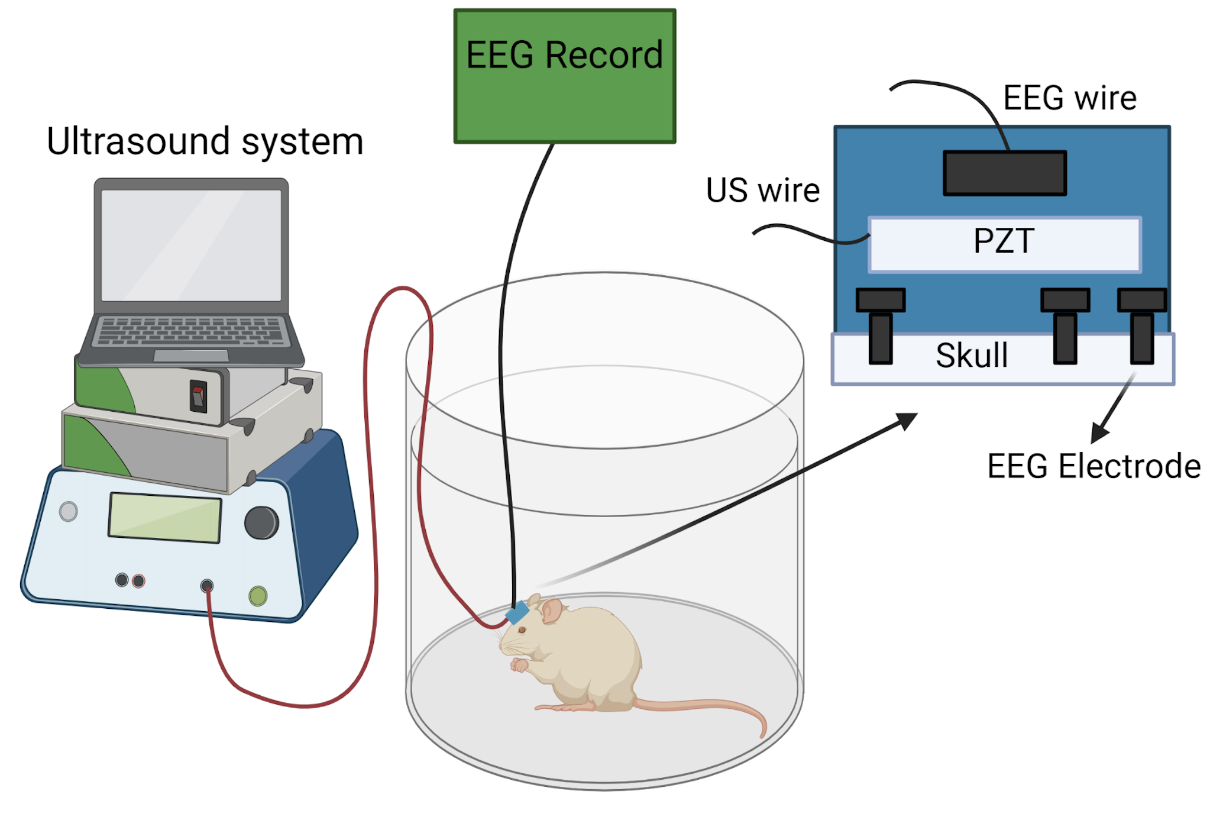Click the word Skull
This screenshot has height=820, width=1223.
[971, 356]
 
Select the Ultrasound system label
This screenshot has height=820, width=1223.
[205, 142]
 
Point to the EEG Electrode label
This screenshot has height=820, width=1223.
[1093, 466]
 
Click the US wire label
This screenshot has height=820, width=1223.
[762, 191]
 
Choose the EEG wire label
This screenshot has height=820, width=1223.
[1069, 98]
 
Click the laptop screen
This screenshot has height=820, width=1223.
[191, 245]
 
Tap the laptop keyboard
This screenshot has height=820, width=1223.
[190, 331]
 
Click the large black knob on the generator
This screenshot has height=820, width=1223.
[261, 522]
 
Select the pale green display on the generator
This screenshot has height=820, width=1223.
[164, 518]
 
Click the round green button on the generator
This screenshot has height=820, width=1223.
[258, 595]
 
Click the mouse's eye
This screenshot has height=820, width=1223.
[522, 630]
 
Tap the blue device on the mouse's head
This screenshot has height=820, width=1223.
[517, 613]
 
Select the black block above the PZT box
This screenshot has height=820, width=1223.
[1004, 173]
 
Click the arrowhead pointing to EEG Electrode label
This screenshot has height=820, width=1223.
[1099, 433]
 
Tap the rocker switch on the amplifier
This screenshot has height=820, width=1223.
[198, 396]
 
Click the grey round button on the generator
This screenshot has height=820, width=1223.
[69, 511]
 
